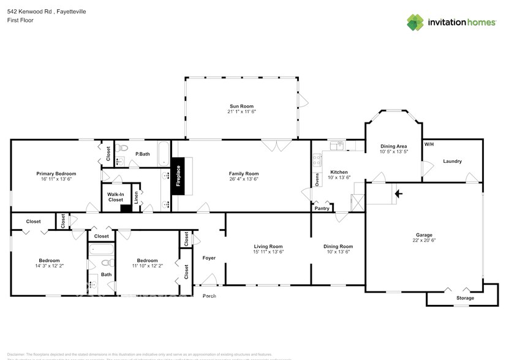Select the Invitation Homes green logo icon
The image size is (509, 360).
pyautogui.click(x=416, y=23)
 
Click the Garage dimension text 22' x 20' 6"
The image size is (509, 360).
pyautogui.click(x=424, y=241)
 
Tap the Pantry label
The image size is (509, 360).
pyautogui.click(x=322, y=209)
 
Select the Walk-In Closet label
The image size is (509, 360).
pyautogui.click(x=116, y=197)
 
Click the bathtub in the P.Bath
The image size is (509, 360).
pyautogui.click(x=164, y=154)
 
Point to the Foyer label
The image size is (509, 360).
pyautogui.click(x=209, y=258)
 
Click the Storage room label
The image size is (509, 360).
pyautogui.click(x=465, y=298)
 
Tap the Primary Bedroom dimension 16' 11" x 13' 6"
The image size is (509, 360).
pyautogui.click(x=56, y=180)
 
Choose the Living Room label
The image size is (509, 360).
pyautogui.click(x=268, y=246)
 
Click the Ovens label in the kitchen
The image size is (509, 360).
pyautogui.click(x=317, y=179)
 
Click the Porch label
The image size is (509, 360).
pyautogui.click(x=209, y=296)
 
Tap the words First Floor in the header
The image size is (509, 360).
pyautogui.click(x=20, y=20)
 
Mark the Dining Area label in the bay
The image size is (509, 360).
pyautogui.click(x=394, y=146)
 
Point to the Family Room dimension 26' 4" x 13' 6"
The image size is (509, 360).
pyautogui.click(x=244, y=179)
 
